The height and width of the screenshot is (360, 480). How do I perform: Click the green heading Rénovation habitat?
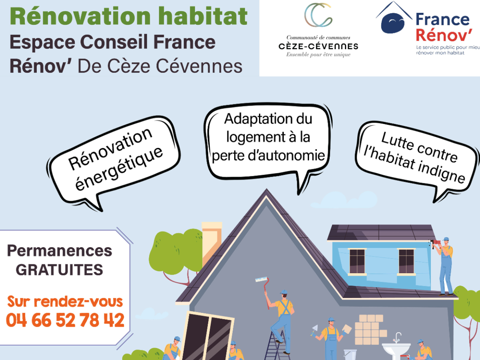[x=129, y=16]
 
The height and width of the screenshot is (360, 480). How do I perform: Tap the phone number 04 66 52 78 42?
[x=65, y=320]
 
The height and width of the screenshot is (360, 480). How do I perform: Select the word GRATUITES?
[x=60, y=270]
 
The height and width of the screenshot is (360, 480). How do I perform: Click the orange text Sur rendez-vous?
[x=65, y=301]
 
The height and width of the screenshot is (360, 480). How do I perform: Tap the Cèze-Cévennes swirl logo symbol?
[x=319, y=15]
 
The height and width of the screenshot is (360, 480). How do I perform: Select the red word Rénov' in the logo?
[x=444, y=35]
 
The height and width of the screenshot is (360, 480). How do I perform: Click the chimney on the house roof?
[x=211, y=241]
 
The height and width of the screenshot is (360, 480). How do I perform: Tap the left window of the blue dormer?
[x=357, y=262]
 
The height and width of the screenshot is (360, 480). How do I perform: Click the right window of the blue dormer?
[x=406, y=262]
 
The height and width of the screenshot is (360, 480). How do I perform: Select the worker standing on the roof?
[x=444, y=266]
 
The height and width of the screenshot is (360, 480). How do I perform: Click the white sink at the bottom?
[x=396, y=348]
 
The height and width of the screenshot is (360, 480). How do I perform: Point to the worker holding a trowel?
[x=331, y=338]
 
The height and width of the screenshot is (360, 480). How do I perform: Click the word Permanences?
[x=60, y=251]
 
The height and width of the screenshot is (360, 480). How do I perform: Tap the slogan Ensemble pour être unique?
[x=319, y=55]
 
